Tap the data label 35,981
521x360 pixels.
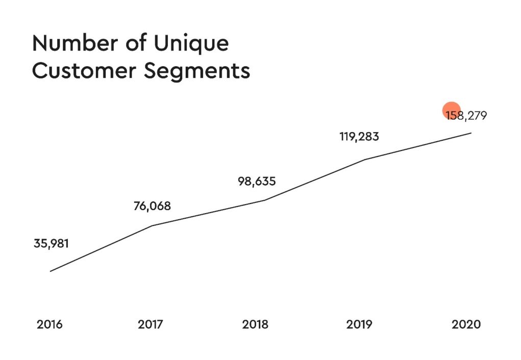click(x=51, y=243)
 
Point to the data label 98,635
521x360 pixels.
click(x=257, y=181)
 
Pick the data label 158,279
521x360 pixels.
click(x=466, y=115)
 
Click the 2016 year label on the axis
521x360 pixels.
click(x=49, y=324)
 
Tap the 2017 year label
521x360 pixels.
click(x=151, y=324)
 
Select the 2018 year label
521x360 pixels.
click(x=256, y=324)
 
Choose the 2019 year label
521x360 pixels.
click(x=359, y=324)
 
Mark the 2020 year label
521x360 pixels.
click(x=466, y=324)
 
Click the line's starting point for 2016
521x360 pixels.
click(x=50, y=271)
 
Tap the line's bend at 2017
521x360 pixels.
click(x=152, y=225)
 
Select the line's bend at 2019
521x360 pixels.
click(x=364, y=160)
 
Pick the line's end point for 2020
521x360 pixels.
click(x=470, y=133)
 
